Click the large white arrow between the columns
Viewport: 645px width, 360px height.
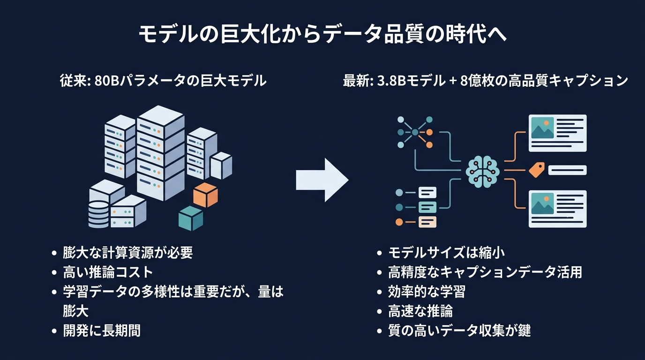[x=322, y=180]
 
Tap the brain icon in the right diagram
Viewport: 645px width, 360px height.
[x=482, y=172]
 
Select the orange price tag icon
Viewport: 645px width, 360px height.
[x=537, y=170]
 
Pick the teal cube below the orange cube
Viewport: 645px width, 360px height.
[x=191, y=218]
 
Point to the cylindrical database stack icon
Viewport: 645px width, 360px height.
[x=98, y=215]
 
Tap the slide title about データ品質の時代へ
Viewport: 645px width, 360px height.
[x=322, y=34]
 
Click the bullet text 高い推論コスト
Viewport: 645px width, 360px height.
[x=108, y=272]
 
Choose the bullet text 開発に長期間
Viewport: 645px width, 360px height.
[x=102, y=330]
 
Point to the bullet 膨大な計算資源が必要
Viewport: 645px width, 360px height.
[x=128, y=253]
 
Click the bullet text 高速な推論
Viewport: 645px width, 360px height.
[x=420, y=311]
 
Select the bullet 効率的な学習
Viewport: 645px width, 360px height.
[x=427, y=292]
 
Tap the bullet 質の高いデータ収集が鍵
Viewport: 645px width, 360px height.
[x=459, y=330]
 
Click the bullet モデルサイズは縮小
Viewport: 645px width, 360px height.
[x=446, y=253]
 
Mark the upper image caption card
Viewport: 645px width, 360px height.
[x=557, y=133]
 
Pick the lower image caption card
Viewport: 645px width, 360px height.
[x=557, y=209]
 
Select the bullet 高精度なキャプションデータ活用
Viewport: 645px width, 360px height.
[x=485, y=272]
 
